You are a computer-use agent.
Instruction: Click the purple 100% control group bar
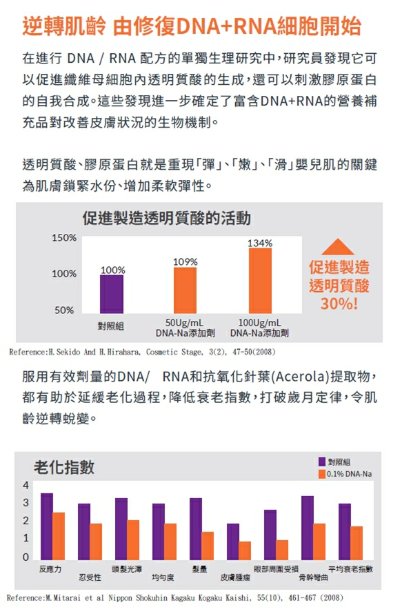point(112,294)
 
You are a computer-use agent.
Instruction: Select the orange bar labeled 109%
point(185,290)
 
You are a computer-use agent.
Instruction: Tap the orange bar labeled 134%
point(260,281)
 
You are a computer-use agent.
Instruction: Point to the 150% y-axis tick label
point(64,238)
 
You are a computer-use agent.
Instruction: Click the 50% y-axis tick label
point(64,310)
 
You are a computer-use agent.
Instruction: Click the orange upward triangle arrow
point(338,247)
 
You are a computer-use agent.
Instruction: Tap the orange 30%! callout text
point(339,304)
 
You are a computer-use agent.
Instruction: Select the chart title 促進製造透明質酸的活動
point(167,218)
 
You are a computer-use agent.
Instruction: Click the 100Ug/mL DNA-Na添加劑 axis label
point(259,328)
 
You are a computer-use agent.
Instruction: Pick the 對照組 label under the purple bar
point(111,326)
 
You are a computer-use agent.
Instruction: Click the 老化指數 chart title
point(64,467)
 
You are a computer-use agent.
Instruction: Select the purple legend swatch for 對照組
point(322,462)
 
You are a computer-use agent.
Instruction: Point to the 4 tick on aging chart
point(26,485)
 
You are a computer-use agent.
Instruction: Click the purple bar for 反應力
point(47,526)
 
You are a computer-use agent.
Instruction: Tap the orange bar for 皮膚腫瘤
point(245,551)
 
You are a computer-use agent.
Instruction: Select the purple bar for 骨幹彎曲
point(308,528)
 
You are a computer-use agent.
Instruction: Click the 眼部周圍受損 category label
point(276,569)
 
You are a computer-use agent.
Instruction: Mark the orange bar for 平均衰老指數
point(357,543)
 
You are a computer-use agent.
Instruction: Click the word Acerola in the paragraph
point(299,377)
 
